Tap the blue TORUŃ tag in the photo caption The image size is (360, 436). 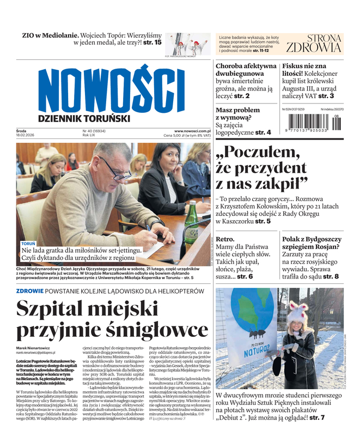(x=28, y=243)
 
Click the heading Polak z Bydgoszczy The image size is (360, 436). (x=312, y=239)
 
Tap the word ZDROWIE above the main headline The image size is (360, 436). (x=31, y=291)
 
